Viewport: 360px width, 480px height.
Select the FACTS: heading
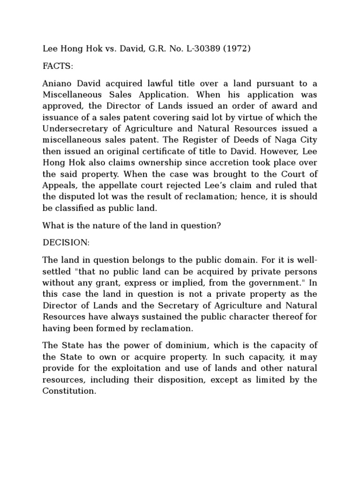tap(58, 66)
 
